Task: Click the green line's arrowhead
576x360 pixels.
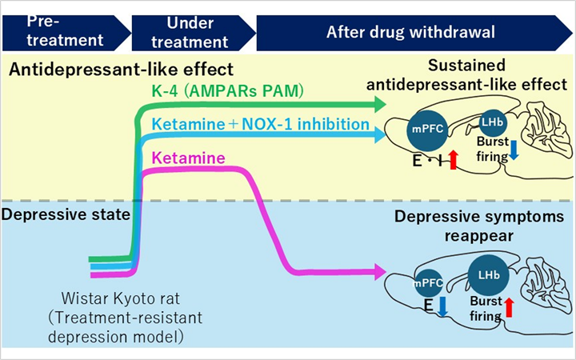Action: [378, 104]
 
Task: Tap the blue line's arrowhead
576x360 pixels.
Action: [378, 136]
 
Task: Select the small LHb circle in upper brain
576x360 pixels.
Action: [490, 122]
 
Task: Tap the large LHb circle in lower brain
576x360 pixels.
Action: [486, 274]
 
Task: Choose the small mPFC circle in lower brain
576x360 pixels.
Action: [428, 282]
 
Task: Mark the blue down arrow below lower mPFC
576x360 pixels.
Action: [442, 306]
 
